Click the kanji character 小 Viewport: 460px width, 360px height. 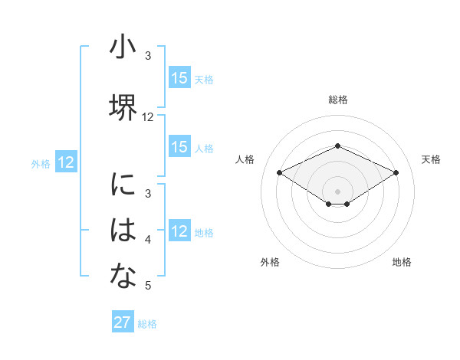click(123, 48)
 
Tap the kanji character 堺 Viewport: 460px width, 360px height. click(123, 108)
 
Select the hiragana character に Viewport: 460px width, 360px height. click(123, 185)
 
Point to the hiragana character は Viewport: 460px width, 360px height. click(123, 231)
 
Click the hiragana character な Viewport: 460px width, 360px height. click(123, 277)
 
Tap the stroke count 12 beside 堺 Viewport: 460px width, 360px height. click(148, 117)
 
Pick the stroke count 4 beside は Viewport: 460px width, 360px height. click(148, 240)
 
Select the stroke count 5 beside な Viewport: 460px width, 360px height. click(148, 286)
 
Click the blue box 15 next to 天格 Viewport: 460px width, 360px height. click(179, 78)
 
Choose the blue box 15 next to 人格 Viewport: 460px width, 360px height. click(179, 147)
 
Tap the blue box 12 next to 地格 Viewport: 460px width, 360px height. click(179, 231)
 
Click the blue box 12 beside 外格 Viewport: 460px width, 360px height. click(66, 162)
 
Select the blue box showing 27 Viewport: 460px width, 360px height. click(123, 322)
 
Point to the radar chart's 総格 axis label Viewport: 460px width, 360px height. click(337, 100)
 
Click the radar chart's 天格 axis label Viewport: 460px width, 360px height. click(431, 159)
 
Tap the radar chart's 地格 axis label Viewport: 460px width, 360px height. click(402, 262)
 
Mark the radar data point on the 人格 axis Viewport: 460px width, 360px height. click(279, 172)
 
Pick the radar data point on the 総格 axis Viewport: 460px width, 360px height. click(337, 146)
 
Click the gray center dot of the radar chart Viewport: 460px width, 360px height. click(337, 191)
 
